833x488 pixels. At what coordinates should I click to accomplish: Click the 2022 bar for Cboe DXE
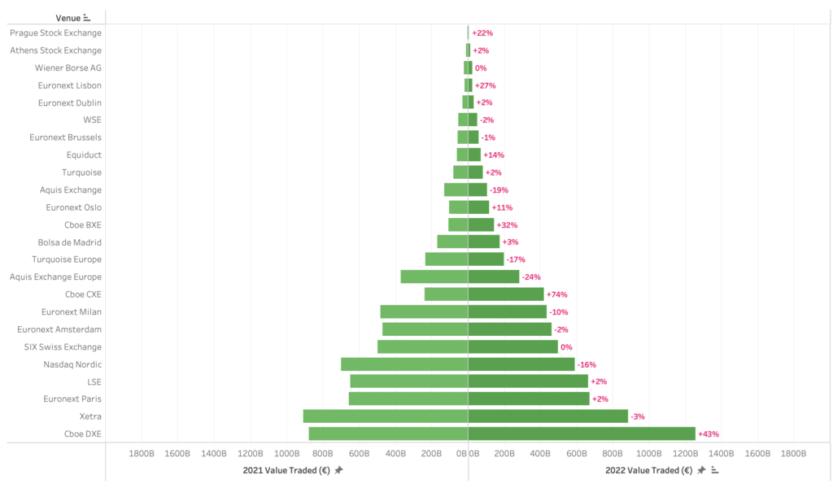(582, 434)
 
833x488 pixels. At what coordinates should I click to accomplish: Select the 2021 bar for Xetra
(386, 416)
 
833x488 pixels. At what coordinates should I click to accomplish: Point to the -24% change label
(531, 277)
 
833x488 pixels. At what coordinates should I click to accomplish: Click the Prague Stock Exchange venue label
(56, 33)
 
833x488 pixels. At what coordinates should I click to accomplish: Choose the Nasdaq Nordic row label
(72, 364)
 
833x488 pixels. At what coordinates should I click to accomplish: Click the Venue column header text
(68, 17)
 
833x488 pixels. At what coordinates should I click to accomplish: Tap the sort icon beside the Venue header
(87, 17)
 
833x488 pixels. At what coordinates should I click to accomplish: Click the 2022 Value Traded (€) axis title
(648, 470)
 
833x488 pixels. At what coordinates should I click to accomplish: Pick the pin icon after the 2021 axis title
(338, 470)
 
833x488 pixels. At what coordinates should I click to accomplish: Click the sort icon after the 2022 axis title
(714, 470)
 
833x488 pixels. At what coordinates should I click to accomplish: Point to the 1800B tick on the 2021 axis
(142, 453)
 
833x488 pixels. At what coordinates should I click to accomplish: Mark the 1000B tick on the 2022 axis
(648, 453)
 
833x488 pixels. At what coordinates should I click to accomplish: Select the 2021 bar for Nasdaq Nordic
(404, 364)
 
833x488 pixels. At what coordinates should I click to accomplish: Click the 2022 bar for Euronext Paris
(529, 399)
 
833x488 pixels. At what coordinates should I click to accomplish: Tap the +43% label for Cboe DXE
(709, 434)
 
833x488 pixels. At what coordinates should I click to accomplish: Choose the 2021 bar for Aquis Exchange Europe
(434, 277)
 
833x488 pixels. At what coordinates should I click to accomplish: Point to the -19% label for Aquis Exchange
(499, 190)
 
